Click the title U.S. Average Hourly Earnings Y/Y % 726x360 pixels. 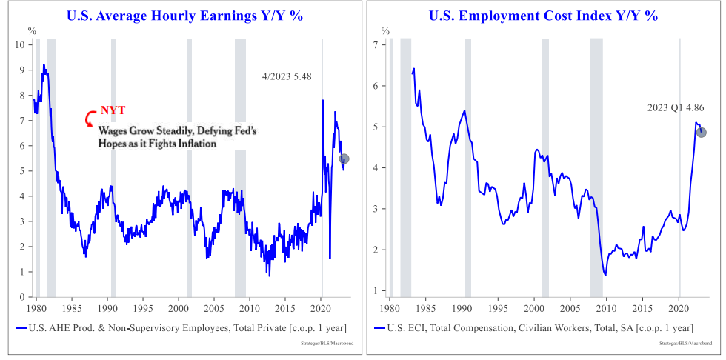(x=184, y=16)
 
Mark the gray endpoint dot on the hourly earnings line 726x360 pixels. (x=344, y=159)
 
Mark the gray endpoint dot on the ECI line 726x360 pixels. (x=701, y=133)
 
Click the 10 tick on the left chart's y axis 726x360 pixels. (x=21, y=44)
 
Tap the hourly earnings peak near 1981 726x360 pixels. (x=44, y=64)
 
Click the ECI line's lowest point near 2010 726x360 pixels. (x=605, y=275)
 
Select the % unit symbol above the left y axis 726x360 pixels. (x=31, y=30)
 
